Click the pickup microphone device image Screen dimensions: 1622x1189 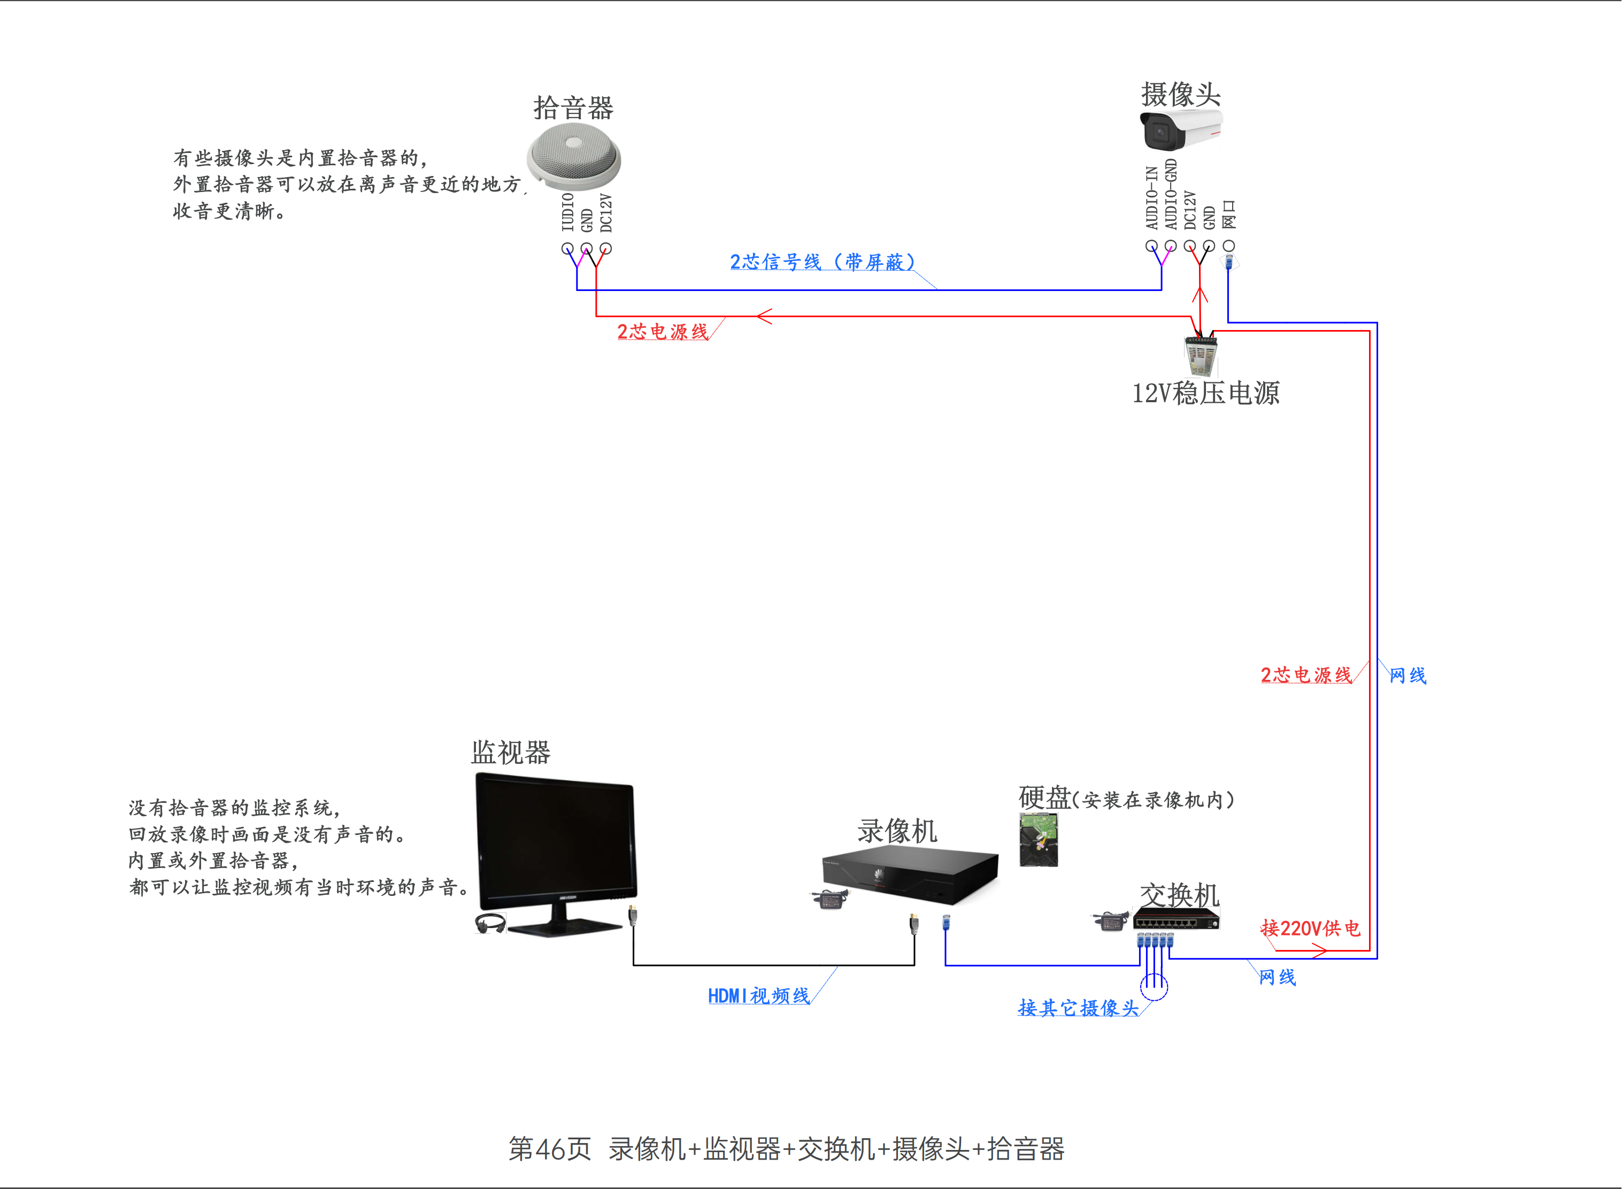tap(573, 157)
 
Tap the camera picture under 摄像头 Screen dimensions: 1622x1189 tap(1181, 129)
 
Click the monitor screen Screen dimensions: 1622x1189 tap(556, 842)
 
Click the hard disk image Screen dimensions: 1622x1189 tap(1039, 839)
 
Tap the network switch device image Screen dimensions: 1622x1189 tap(1177, 919)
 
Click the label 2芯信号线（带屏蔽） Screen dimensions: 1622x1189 tap(822, 262)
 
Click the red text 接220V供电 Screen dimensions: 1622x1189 tap(1310, 928)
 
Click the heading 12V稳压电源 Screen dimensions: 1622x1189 tap(1206, 393)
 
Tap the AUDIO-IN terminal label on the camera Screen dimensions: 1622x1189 tap(1152, 198)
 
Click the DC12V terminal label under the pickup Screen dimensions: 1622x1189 tap(606, 213)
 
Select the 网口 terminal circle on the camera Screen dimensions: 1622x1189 tap(1229, 246)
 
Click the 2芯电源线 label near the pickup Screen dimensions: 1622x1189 tap(663, 331)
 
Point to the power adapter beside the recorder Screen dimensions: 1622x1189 tap(829, 899)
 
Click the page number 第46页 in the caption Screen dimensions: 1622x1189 tap(550, 1149)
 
